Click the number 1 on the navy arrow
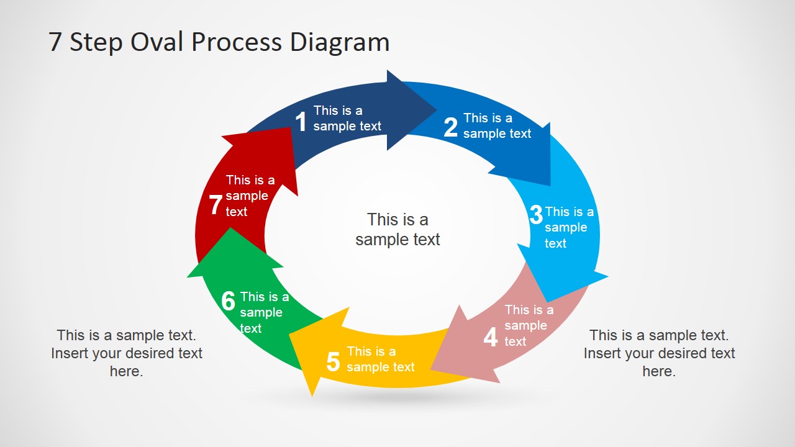point(301,122)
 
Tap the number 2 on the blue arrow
point(450,127)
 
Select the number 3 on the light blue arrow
point(536,215)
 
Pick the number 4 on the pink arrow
point(491,337)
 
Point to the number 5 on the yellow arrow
point(333,362)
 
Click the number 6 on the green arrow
point(229,301)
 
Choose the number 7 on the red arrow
point(216,205)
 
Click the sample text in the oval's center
point(397,229)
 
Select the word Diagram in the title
point(340,42)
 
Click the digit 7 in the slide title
point(55,42)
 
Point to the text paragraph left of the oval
point(127,353)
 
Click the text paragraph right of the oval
point(659,353)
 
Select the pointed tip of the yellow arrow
point(312,395)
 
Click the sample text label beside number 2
point(497,125)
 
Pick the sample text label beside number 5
point(380,359)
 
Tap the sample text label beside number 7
point(250,196)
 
